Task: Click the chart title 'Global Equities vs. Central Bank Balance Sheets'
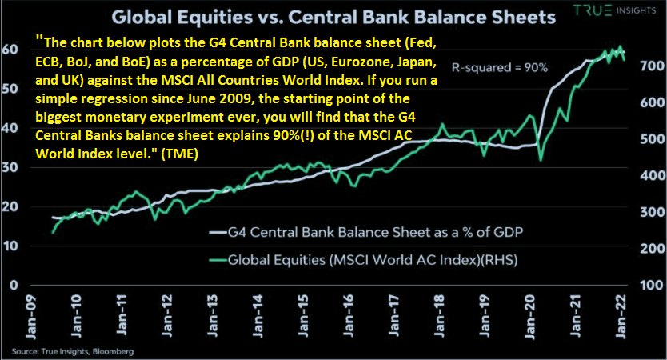[333, 18]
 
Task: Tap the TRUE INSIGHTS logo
[615, 10]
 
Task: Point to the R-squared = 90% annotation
[499, 67]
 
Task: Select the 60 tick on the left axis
[10, 49]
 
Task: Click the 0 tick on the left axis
[14, 285]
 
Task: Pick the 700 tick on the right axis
[652, 66]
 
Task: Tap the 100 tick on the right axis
[652, 285]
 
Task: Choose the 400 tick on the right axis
[652, 175]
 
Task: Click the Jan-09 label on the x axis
[31, 317]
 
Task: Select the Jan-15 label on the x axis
[303, 317]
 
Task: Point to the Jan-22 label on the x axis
[621, 317]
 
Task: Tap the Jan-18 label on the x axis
[439, 317]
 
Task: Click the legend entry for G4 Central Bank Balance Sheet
[365, 232]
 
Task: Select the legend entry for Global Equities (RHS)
[363, 259]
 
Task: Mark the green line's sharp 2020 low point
[541, 161]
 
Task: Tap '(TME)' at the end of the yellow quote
[179, 154]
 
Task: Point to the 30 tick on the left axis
[10, 167]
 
